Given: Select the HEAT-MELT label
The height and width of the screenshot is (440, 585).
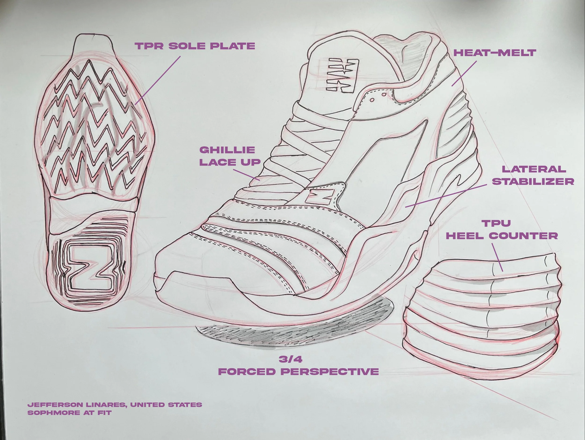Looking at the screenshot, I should (494, 53).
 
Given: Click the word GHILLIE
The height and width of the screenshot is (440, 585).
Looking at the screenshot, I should (227, 150).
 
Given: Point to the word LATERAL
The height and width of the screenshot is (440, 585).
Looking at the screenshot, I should (534, 169).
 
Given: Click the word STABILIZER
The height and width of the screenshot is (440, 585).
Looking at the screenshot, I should (533, 181).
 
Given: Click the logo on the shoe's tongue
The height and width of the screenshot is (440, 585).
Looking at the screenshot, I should (343, 76).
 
